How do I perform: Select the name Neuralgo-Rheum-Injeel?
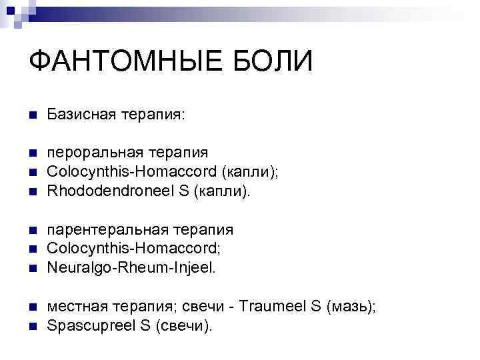pos(131,268)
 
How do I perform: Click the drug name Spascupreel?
pos(93,326)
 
